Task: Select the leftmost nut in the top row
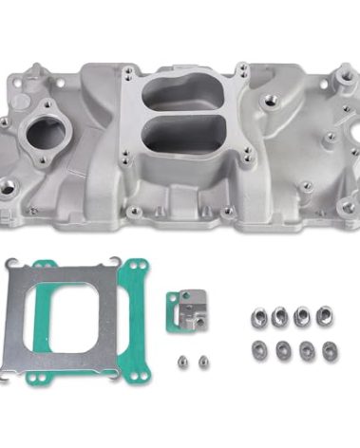pos(258,316)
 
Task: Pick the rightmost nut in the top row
pos(324,314)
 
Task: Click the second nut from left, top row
pos(280,316)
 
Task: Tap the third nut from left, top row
pos(302,314)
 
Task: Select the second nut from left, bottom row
pos(281,350)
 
